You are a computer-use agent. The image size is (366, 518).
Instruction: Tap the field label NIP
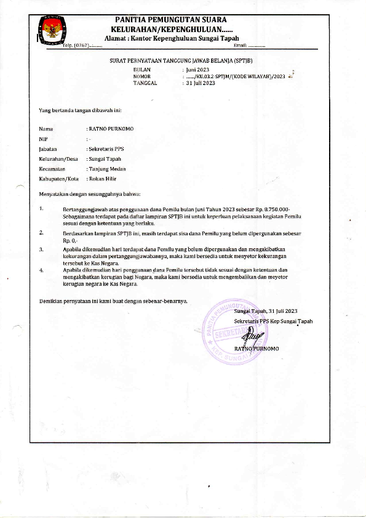[43, 139]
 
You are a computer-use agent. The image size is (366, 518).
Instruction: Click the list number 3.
[41, 249]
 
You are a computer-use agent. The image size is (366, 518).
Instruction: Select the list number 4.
[41, 270]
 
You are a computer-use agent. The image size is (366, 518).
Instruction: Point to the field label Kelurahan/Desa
[54, 159]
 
